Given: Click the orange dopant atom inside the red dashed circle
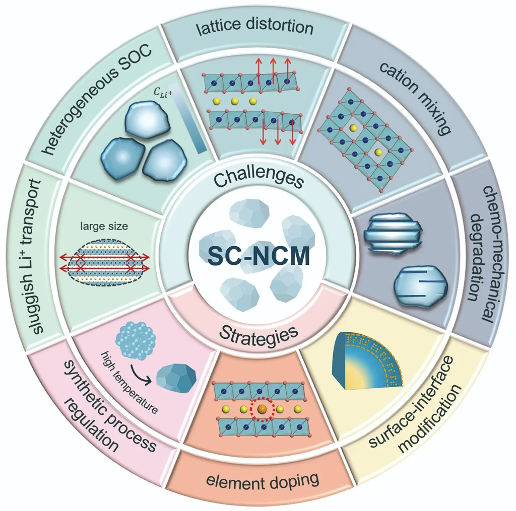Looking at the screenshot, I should point(261,410).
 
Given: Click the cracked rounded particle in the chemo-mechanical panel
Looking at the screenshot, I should point(416,284).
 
